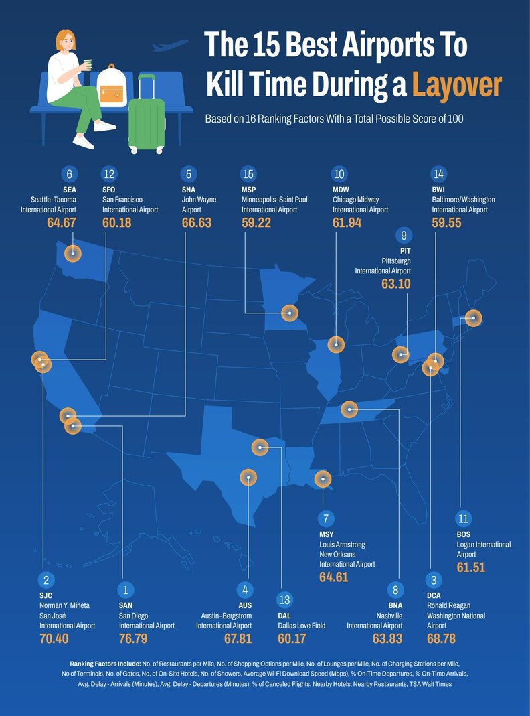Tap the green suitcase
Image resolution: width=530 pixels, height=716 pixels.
tap(147, 121)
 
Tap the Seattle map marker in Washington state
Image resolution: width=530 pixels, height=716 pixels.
tap(72, 253)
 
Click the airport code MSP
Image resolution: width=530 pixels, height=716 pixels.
tap(249, 190)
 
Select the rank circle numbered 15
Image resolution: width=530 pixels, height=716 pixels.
tap(248, 174)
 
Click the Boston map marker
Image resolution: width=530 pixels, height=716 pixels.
tap(473, 318)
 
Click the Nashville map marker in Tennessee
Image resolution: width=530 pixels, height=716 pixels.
tap(349, 409)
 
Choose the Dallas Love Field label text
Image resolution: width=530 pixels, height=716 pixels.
tap(300, 625)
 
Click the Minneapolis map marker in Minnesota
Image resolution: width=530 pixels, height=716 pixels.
tap(289, 311)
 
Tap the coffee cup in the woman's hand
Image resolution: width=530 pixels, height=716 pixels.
tap(87, 64)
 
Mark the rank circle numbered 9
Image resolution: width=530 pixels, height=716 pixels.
tap(404, 236)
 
